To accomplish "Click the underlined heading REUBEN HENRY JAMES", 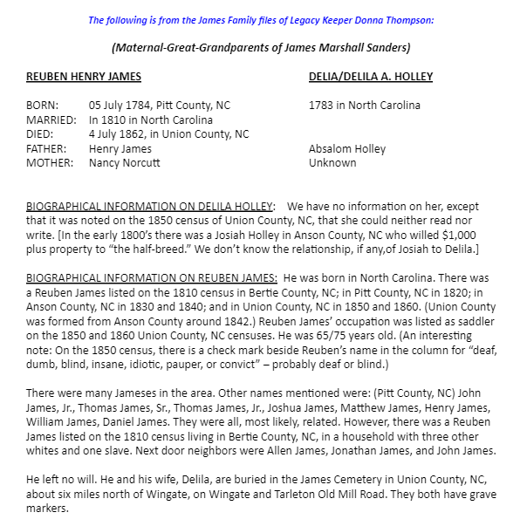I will tap(84, 77).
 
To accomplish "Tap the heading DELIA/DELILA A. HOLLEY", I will tap(371, 77).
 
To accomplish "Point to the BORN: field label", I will tap(44, 106).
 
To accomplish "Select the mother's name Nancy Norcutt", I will tap(126, 163).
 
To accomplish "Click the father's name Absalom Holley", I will tap(347, 149).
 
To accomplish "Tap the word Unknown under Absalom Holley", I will tap(332, 163).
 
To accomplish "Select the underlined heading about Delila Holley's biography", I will tap(150, 207).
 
